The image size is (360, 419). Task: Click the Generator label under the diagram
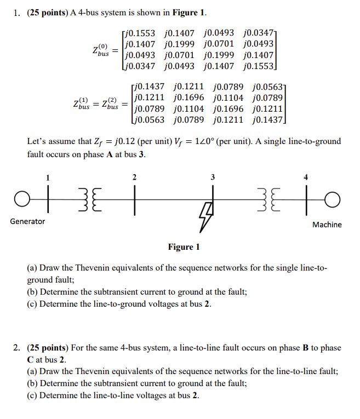click(27, 221)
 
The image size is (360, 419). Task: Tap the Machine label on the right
click(327, 225)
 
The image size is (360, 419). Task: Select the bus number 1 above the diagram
click(48, 177)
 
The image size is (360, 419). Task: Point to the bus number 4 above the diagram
click(306, 177)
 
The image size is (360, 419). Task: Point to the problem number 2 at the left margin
click(17, 348)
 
